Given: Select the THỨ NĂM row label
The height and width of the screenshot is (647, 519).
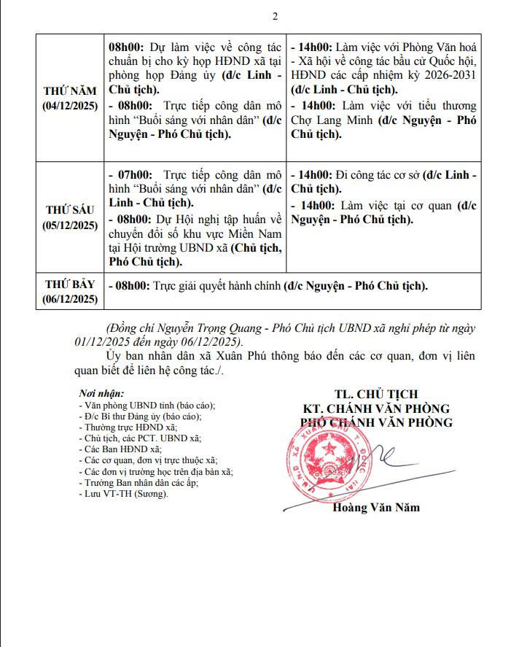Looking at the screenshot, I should click(70, 91).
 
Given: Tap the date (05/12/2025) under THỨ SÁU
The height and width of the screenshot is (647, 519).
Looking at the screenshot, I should click(70, 225).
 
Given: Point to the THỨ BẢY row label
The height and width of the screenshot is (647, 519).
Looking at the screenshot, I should click(70, 284).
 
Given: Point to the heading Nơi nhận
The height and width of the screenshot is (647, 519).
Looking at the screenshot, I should click(101, 393).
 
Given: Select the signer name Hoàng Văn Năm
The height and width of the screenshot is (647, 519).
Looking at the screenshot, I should click(376, 508).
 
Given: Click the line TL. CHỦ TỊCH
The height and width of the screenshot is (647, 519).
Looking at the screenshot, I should click(376, 395).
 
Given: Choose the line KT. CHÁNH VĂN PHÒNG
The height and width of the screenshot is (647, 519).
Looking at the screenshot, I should click(376, 408).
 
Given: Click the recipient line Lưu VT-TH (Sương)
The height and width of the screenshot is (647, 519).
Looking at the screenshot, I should click(123, 494).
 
